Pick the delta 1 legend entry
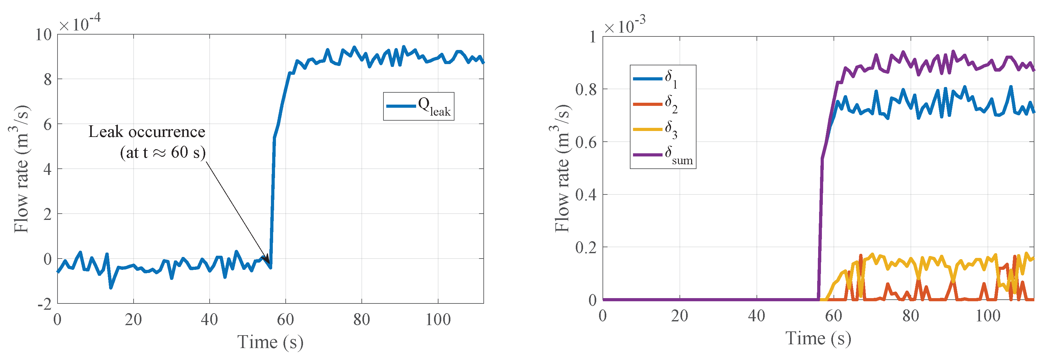coord(663,78)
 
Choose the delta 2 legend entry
coord(663,104)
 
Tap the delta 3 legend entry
coord(663,129)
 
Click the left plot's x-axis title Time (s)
coord(270,342)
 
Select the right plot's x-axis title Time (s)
coord(818,338)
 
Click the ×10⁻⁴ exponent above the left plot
coord(80,23)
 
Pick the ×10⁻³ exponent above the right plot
coord(625,25)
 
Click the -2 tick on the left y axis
coord(45,303)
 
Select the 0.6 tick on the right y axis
coord(586,142)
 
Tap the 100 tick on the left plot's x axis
coord(438,320)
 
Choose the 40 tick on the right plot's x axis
coord(757,316)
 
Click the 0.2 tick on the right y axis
coord(586,247)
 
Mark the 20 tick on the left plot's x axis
coord(133,320)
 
